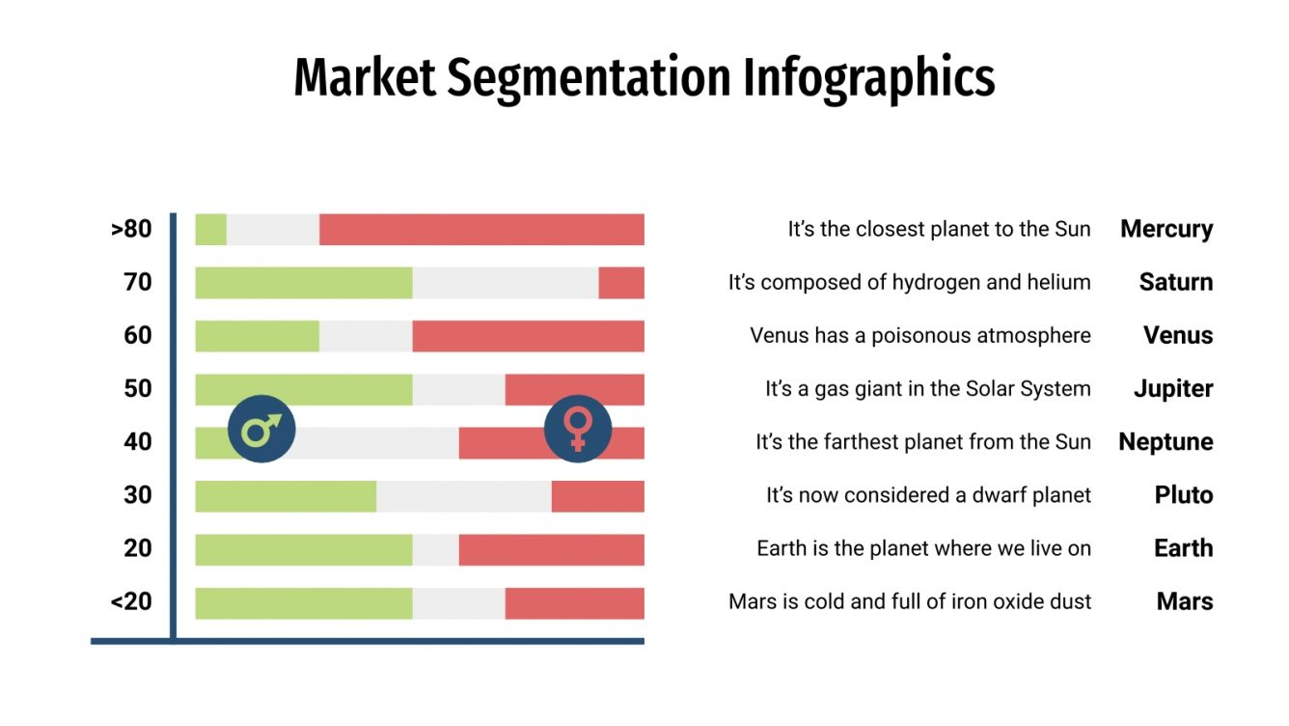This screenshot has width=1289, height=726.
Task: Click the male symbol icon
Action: (x=261, y=429)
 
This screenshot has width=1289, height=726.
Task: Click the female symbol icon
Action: (x=578, y=429)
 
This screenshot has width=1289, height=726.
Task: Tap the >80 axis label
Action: (x=131, y=230)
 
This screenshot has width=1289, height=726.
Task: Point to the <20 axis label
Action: (x=131, y=601)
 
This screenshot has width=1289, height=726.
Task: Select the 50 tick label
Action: (x=138, y=389)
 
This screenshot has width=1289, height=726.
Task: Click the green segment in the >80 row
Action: (x=210, y=230)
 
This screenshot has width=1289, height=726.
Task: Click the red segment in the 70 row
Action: (x=621, y=283)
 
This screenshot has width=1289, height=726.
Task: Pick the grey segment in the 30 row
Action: (x=463, y=495)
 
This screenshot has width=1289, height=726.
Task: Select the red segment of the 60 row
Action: (x=528, y=336)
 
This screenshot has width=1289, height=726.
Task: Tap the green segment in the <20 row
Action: (x=303, y=602)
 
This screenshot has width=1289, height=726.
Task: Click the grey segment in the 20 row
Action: (x=435, y=549)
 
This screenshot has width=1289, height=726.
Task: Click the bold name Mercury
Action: (x=1166, y=230)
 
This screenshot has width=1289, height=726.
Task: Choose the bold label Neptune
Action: (x=1166, y=442)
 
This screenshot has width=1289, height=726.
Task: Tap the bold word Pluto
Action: (x=1184, y=495)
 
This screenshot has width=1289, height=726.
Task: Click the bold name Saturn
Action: (x=1175, y=283)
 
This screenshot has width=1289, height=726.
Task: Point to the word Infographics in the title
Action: (x=868, y=79)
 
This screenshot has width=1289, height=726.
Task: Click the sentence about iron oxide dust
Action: (x=910, y=602)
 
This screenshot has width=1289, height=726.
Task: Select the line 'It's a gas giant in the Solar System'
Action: (x=927, y=389)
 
